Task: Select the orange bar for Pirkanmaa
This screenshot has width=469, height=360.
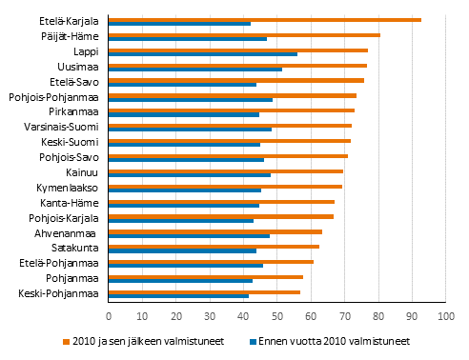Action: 232,110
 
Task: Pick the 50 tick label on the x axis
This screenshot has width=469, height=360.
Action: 277,314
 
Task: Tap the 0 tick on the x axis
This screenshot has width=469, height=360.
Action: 109,314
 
